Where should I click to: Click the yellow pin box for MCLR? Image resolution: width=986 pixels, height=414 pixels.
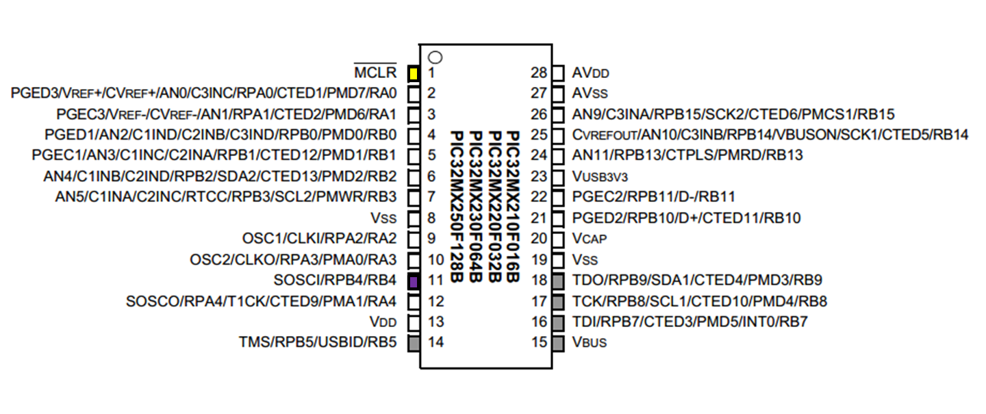[413, 73]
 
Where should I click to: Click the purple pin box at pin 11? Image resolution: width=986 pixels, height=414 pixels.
[413, 281]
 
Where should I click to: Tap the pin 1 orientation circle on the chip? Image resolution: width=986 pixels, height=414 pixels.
[433, 57]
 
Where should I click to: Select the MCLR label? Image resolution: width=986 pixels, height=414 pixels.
[375, 72]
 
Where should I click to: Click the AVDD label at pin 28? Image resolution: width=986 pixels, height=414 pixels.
[590, 73]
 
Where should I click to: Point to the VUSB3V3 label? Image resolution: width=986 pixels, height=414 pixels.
[599, 177]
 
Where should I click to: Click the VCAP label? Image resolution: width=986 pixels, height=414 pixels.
[589, 239]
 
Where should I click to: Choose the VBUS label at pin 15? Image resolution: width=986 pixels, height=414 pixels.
[589, 342]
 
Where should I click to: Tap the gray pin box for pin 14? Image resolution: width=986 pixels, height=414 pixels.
[413, 342]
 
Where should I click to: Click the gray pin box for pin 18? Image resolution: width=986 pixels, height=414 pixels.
[558, 281]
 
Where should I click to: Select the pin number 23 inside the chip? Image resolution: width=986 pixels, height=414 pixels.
[539, 177]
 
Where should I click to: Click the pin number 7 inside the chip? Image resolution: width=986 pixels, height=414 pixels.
[432, 197]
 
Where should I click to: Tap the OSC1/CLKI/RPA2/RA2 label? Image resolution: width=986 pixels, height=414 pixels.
[319, 239]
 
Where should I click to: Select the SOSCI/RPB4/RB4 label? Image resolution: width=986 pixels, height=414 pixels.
[336, 281]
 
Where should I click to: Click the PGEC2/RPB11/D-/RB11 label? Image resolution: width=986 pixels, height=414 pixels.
[653, 197]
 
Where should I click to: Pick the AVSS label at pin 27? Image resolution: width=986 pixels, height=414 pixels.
[589, 93]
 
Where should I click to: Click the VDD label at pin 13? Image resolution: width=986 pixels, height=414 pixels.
[383, 322]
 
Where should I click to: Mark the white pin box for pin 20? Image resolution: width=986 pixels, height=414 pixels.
[558, 239]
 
